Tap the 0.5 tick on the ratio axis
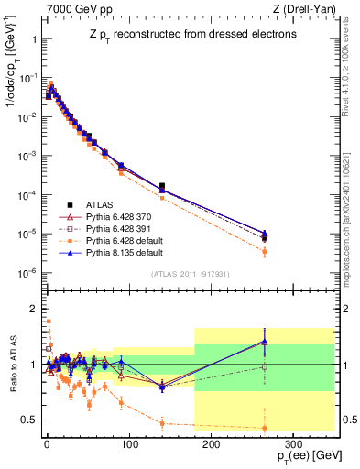[28, 420]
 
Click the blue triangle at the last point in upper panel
[265, 233]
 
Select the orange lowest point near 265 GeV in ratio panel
[265, 428]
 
